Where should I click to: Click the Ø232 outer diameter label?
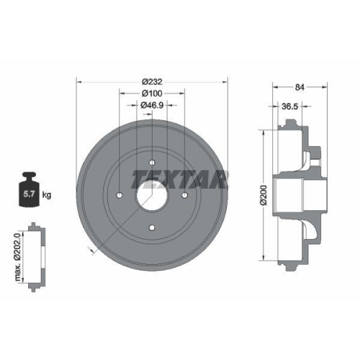151,81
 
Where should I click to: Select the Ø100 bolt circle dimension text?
151,94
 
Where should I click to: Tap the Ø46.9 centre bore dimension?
151,106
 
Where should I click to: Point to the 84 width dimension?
300,89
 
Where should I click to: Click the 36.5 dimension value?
289,106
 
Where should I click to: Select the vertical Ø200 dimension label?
263,195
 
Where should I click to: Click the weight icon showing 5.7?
30,192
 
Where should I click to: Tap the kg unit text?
47,195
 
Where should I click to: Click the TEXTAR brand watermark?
180,178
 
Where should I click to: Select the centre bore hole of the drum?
152,195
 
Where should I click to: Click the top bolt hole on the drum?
152,162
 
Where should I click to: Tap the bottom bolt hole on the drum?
152,229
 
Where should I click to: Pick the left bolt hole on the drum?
119,195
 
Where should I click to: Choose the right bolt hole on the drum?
185,195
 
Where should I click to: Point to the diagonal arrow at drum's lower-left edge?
89,249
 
